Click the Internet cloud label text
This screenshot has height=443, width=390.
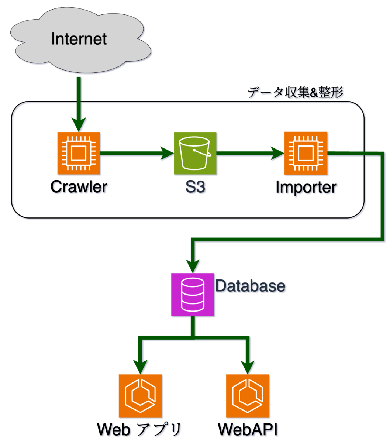79,39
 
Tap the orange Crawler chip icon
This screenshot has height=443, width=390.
79,153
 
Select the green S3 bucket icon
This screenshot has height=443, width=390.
195,153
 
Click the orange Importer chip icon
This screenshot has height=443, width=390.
306,153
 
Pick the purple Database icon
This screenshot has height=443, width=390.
193,295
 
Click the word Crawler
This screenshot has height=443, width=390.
79,187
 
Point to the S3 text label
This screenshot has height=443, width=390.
195,187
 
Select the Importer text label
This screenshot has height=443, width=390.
306,188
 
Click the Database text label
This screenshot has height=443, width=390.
250,286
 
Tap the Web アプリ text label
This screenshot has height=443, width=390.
139,430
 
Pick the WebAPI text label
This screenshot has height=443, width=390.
248,430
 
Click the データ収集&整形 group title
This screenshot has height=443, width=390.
295,92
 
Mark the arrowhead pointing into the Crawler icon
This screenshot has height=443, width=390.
79,125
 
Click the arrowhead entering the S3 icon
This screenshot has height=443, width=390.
167,153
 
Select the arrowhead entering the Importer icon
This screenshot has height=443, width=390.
277,153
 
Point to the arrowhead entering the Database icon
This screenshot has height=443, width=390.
193,266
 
